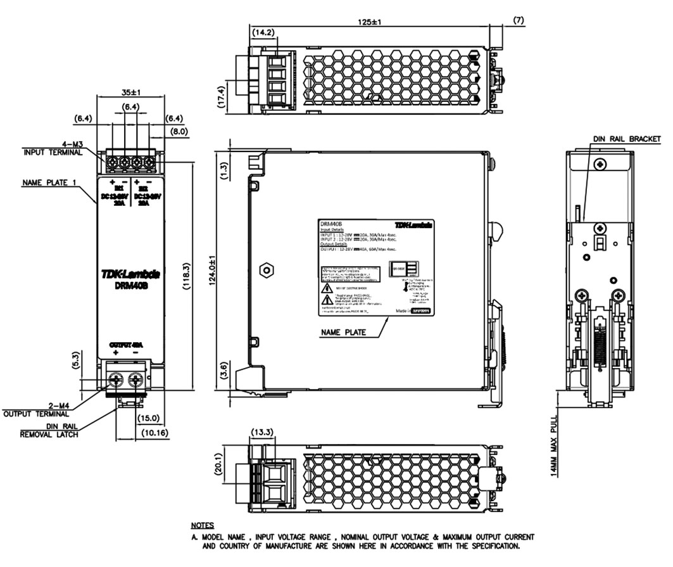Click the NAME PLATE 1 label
(49, 182)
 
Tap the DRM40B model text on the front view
(131, 286)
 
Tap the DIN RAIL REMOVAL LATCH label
(49, 431)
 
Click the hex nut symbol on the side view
(267, 270)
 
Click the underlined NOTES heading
(202, 526)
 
